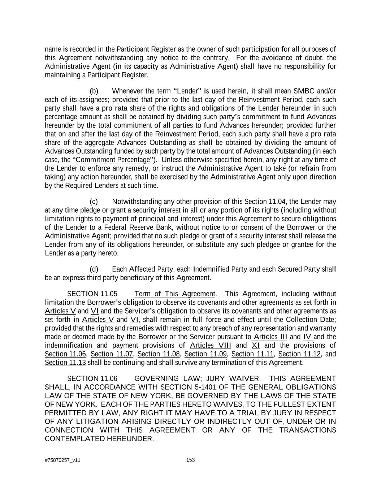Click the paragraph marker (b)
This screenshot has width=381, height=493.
tap(94, 91)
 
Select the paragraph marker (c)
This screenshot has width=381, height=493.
tap(94, 202)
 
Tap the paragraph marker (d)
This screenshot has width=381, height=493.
tap(94, 269)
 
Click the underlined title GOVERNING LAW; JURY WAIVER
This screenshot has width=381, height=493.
tap(196, 379)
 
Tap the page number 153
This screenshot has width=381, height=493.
tap(190, 460)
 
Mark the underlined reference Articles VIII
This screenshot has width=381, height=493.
tap(211, 346)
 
